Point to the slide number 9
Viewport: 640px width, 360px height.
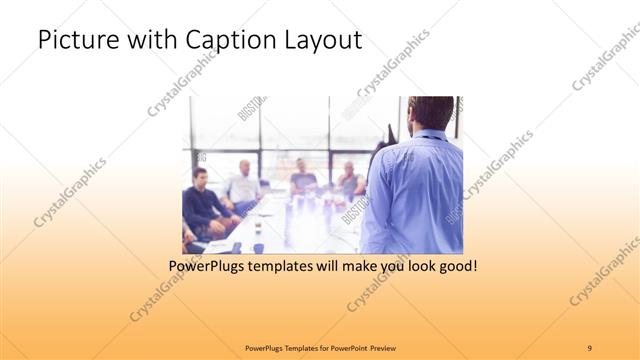click(x=590, y=347)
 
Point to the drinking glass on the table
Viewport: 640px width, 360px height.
click(x=256, y=229)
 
